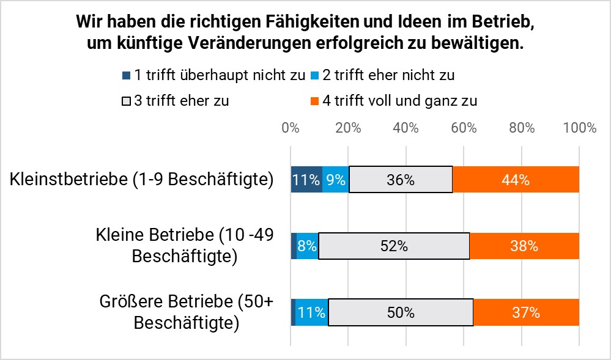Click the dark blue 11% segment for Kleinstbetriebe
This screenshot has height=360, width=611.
(306, 180)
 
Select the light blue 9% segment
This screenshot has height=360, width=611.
(335, 180)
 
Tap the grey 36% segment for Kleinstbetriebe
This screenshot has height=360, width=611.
(401, 180)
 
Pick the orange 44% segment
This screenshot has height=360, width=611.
(516, 180)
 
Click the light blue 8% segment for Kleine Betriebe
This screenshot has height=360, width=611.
(307, 246)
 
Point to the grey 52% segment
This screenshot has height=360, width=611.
(393, 246)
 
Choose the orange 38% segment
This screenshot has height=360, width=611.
(524, 246)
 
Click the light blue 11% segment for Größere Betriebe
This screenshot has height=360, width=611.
(312, 312)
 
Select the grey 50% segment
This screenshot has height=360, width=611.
(401, 312)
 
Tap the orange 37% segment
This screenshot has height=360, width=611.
(526, 312)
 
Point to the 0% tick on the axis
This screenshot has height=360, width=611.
(291, 128)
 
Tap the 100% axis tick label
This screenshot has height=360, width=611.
(579, 128)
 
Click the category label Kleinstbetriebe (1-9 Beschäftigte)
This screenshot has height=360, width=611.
(141, 180)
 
